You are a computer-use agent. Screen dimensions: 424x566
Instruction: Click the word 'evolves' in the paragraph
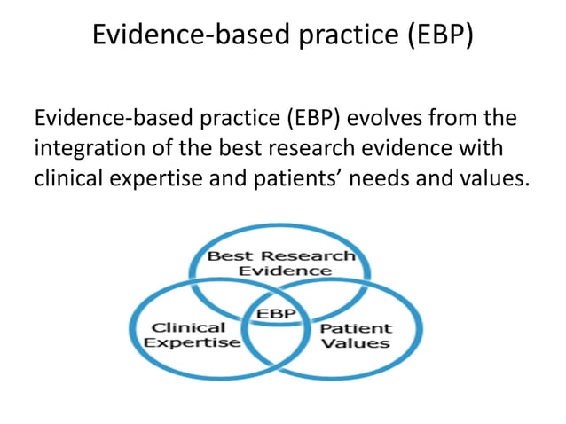tap(373, 118)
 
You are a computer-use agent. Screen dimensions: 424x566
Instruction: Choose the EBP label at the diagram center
tap(277, 314)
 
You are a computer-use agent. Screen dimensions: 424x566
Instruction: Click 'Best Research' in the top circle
tap(280, 256)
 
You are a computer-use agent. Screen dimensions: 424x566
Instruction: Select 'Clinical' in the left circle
tap(187, 327)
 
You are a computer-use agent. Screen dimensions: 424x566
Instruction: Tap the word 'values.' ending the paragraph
tap(493, 177)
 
